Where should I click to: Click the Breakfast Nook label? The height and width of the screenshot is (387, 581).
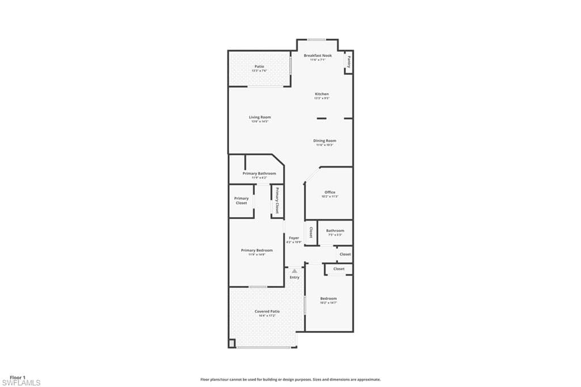click(x=318, y=56)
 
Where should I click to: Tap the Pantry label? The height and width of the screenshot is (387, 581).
click(x=348, y=62)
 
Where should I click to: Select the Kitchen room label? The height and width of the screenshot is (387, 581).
click(x=322, y=94)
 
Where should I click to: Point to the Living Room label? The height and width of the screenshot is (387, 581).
click(x=260, y=117)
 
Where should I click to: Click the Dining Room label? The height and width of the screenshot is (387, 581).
click(x=325, y=140)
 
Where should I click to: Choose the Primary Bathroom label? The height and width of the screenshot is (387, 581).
click(x=259, y=173)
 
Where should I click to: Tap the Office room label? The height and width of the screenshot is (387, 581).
click(x=330, y=192)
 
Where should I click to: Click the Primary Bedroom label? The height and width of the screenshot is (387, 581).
click(x=256, y=250)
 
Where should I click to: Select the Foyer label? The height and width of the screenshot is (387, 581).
click(x=294, y=238)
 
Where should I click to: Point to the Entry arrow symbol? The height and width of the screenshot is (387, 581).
click(x=294, y=271)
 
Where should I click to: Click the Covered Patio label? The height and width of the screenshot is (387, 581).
click(x=267, y=311)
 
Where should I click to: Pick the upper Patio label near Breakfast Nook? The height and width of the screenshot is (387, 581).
click(x=259, y=66)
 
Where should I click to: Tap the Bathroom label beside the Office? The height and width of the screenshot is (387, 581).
click(x=335, y=231)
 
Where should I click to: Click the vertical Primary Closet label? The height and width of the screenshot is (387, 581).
click(x=277, y=201)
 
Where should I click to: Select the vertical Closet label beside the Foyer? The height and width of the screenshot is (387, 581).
click(x=311, y=232)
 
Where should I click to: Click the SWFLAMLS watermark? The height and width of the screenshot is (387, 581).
click(x=21, y=383)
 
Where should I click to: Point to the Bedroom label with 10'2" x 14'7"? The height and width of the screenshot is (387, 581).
click(x=328, y=298)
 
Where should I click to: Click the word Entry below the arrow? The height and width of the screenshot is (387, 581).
click(x=294, y=277)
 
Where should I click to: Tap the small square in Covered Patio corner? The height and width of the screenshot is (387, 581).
click(x=231, y=343)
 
